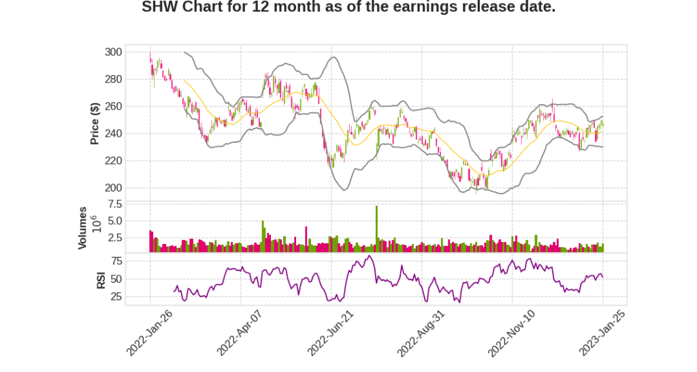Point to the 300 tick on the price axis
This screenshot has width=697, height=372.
pyautogui.click(x=114, y=52)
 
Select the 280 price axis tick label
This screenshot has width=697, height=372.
pyautogui.click(x=114, y=79)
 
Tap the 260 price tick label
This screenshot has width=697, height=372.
pyautogui.click(x=114, y=106)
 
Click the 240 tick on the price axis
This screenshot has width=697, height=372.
pyautogui.click(x=114, y=134)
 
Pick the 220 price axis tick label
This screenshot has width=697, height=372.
pyautogui.click(x=114, y=161)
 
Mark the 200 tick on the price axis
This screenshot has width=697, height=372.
pyautogui.click(x=114, y=188)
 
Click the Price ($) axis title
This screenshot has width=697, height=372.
pyautogui.click(x=95, y=123)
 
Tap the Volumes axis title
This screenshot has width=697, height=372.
pyautogui.click(x=82, y=228)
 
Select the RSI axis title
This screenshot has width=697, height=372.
pyautogui.click(x=101, y=279)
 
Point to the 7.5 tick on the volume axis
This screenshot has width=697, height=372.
pyautogui.click(x=114, y=204)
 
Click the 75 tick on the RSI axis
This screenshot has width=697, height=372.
pyautogui.click(x=116, y=261)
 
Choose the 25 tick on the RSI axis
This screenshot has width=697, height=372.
pyautogui.click(x=116, y=296)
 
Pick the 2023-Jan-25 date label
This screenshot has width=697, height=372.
pyautogui.click(x=602, y=333)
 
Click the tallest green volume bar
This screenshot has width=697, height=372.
pyautogui.click(x=376, y=228)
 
